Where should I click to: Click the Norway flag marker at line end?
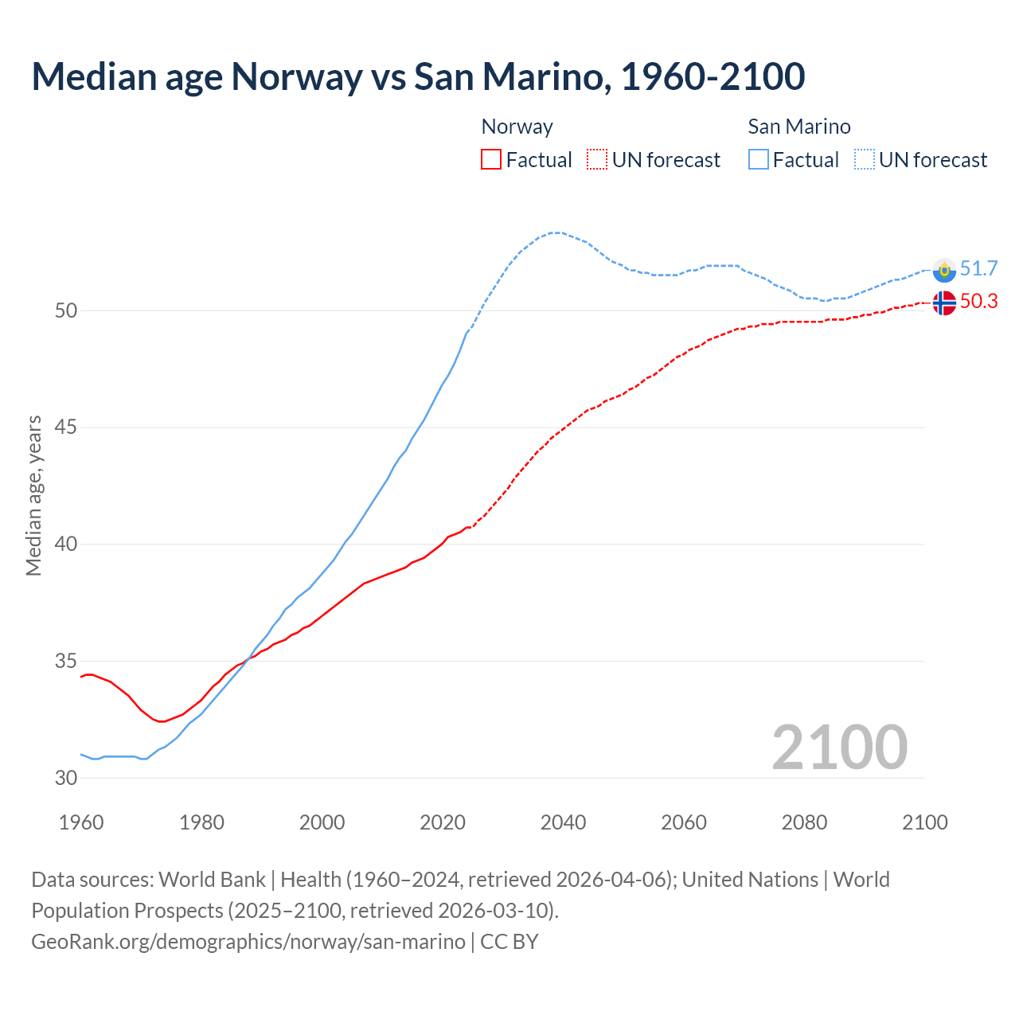pos(943,303)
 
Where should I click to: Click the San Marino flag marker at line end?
pos(943,271)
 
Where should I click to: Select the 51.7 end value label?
pos(978,269)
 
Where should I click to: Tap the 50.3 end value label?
pos(978,302)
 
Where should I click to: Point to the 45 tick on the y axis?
pos(66,428)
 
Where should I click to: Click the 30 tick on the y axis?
pos(66,778)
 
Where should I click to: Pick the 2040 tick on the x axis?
pos(563,822)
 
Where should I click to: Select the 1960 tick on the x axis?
pos(81,822)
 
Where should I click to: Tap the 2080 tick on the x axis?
pos(804,822)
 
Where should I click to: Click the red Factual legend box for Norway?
pos(491,160)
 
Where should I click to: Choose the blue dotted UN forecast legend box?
pos(865,160)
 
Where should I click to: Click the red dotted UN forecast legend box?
pos(597,160)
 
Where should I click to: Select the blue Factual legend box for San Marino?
pos(759,160)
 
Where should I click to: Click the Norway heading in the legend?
pos(517,127)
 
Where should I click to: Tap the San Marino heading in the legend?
pos(799,127)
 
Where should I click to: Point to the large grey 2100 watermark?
pos(839,747)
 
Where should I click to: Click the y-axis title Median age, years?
pos(33,495)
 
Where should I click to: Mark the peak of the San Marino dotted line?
pos(556,232)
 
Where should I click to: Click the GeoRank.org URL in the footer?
pos(248,942)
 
